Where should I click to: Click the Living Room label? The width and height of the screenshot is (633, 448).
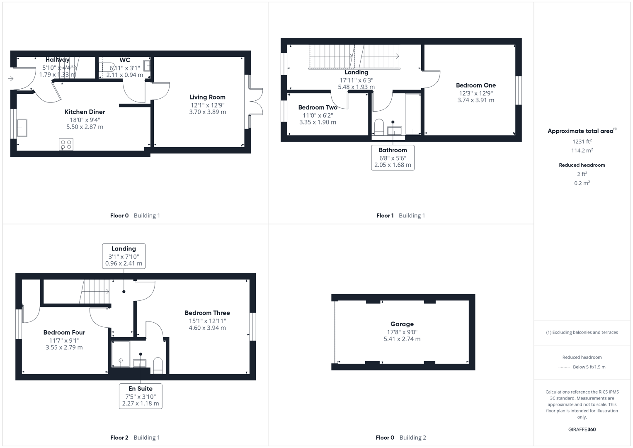point(207,97)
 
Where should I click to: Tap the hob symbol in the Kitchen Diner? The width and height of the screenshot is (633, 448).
point(66,144)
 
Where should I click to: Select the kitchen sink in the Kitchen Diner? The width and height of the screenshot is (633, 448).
point(22,128)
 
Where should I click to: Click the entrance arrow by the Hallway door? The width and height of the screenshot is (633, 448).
point(10,78)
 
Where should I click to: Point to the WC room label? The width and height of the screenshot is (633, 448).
point(125,60)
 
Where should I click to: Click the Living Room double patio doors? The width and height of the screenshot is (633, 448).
point(256,101)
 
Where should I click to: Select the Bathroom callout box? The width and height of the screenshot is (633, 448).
point(393,157)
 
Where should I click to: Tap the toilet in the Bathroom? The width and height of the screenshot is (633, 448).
point(379,127)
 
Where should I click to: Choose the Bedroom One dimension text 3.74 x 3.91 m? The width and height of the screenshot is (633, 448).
point(475,100)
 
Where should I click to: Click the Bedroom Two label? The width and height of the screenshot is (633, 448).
point(318,107)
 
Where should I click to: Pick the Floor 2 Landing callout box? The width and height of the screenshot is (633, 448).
point(124,256)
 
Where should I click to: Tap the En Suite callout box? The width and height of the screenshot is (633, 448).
point(141,396)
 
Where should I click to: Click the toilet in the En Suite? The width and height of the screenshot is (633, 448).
point(158,365)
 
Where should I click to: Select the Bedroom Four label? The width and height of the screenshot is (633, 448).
point(64,332)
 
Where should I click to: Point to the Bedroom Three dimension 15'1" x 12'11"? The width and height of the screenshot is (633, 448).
point(207,321)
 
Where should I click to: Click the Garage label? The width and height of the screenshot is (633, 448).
point(402,324)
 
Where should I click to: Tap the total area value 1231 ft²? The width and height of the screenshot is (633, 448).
point(582,141)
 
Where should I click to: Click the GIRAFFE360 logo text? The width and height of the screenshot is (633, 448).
point(582,429)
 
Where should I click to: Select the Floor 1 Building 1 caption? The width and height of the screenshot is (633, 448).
point(400,215)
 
